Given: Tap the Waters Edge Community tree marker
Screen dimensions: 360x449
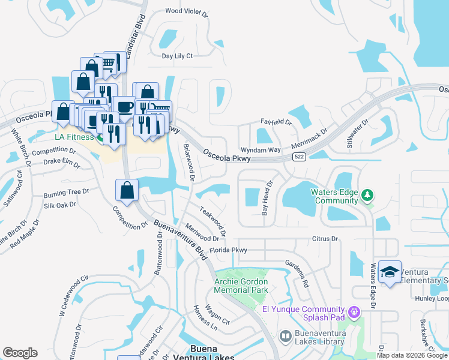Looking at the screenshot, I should tap(367, 196).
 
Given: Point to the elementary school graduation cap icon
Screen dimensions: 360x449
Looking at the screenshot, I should tap(390, 273).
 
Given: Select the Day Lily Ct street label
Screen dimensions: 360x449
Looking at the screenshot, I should tap(177, 56).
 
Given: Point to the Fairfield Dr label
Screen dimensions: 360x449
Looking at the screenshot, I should tap(276, 122).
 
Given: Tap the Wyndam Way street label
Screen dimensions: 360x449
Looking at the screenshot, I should tap(261, 149).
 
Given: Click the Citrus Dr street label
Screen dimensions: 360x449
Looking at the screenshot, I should tap(325, 239).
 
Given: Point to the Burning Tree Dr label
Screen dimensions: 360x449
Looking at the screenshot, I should tap(66, 194).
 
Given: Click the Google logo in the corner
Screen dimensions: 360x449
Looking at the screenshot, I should tap(20, 353).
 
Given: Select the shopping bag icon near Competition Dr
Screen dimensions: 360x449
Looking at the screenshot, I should tap(127, 191).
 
